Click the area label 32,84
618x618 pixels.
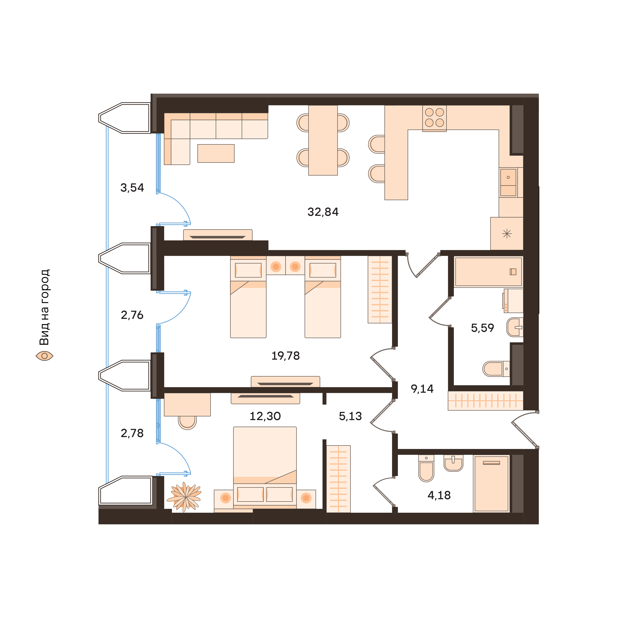[323, 212]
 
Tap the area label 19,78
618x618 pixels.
[285, 356]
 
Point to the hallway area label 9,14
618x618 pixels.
[422, 389]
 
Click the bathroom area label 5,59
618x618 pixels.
[482, 328]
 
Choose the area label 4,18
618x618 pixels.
[439, 495]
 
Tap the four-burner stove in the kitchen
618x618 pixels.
[434, 118]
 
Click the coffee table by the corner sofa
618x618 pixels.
[216, 154]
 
